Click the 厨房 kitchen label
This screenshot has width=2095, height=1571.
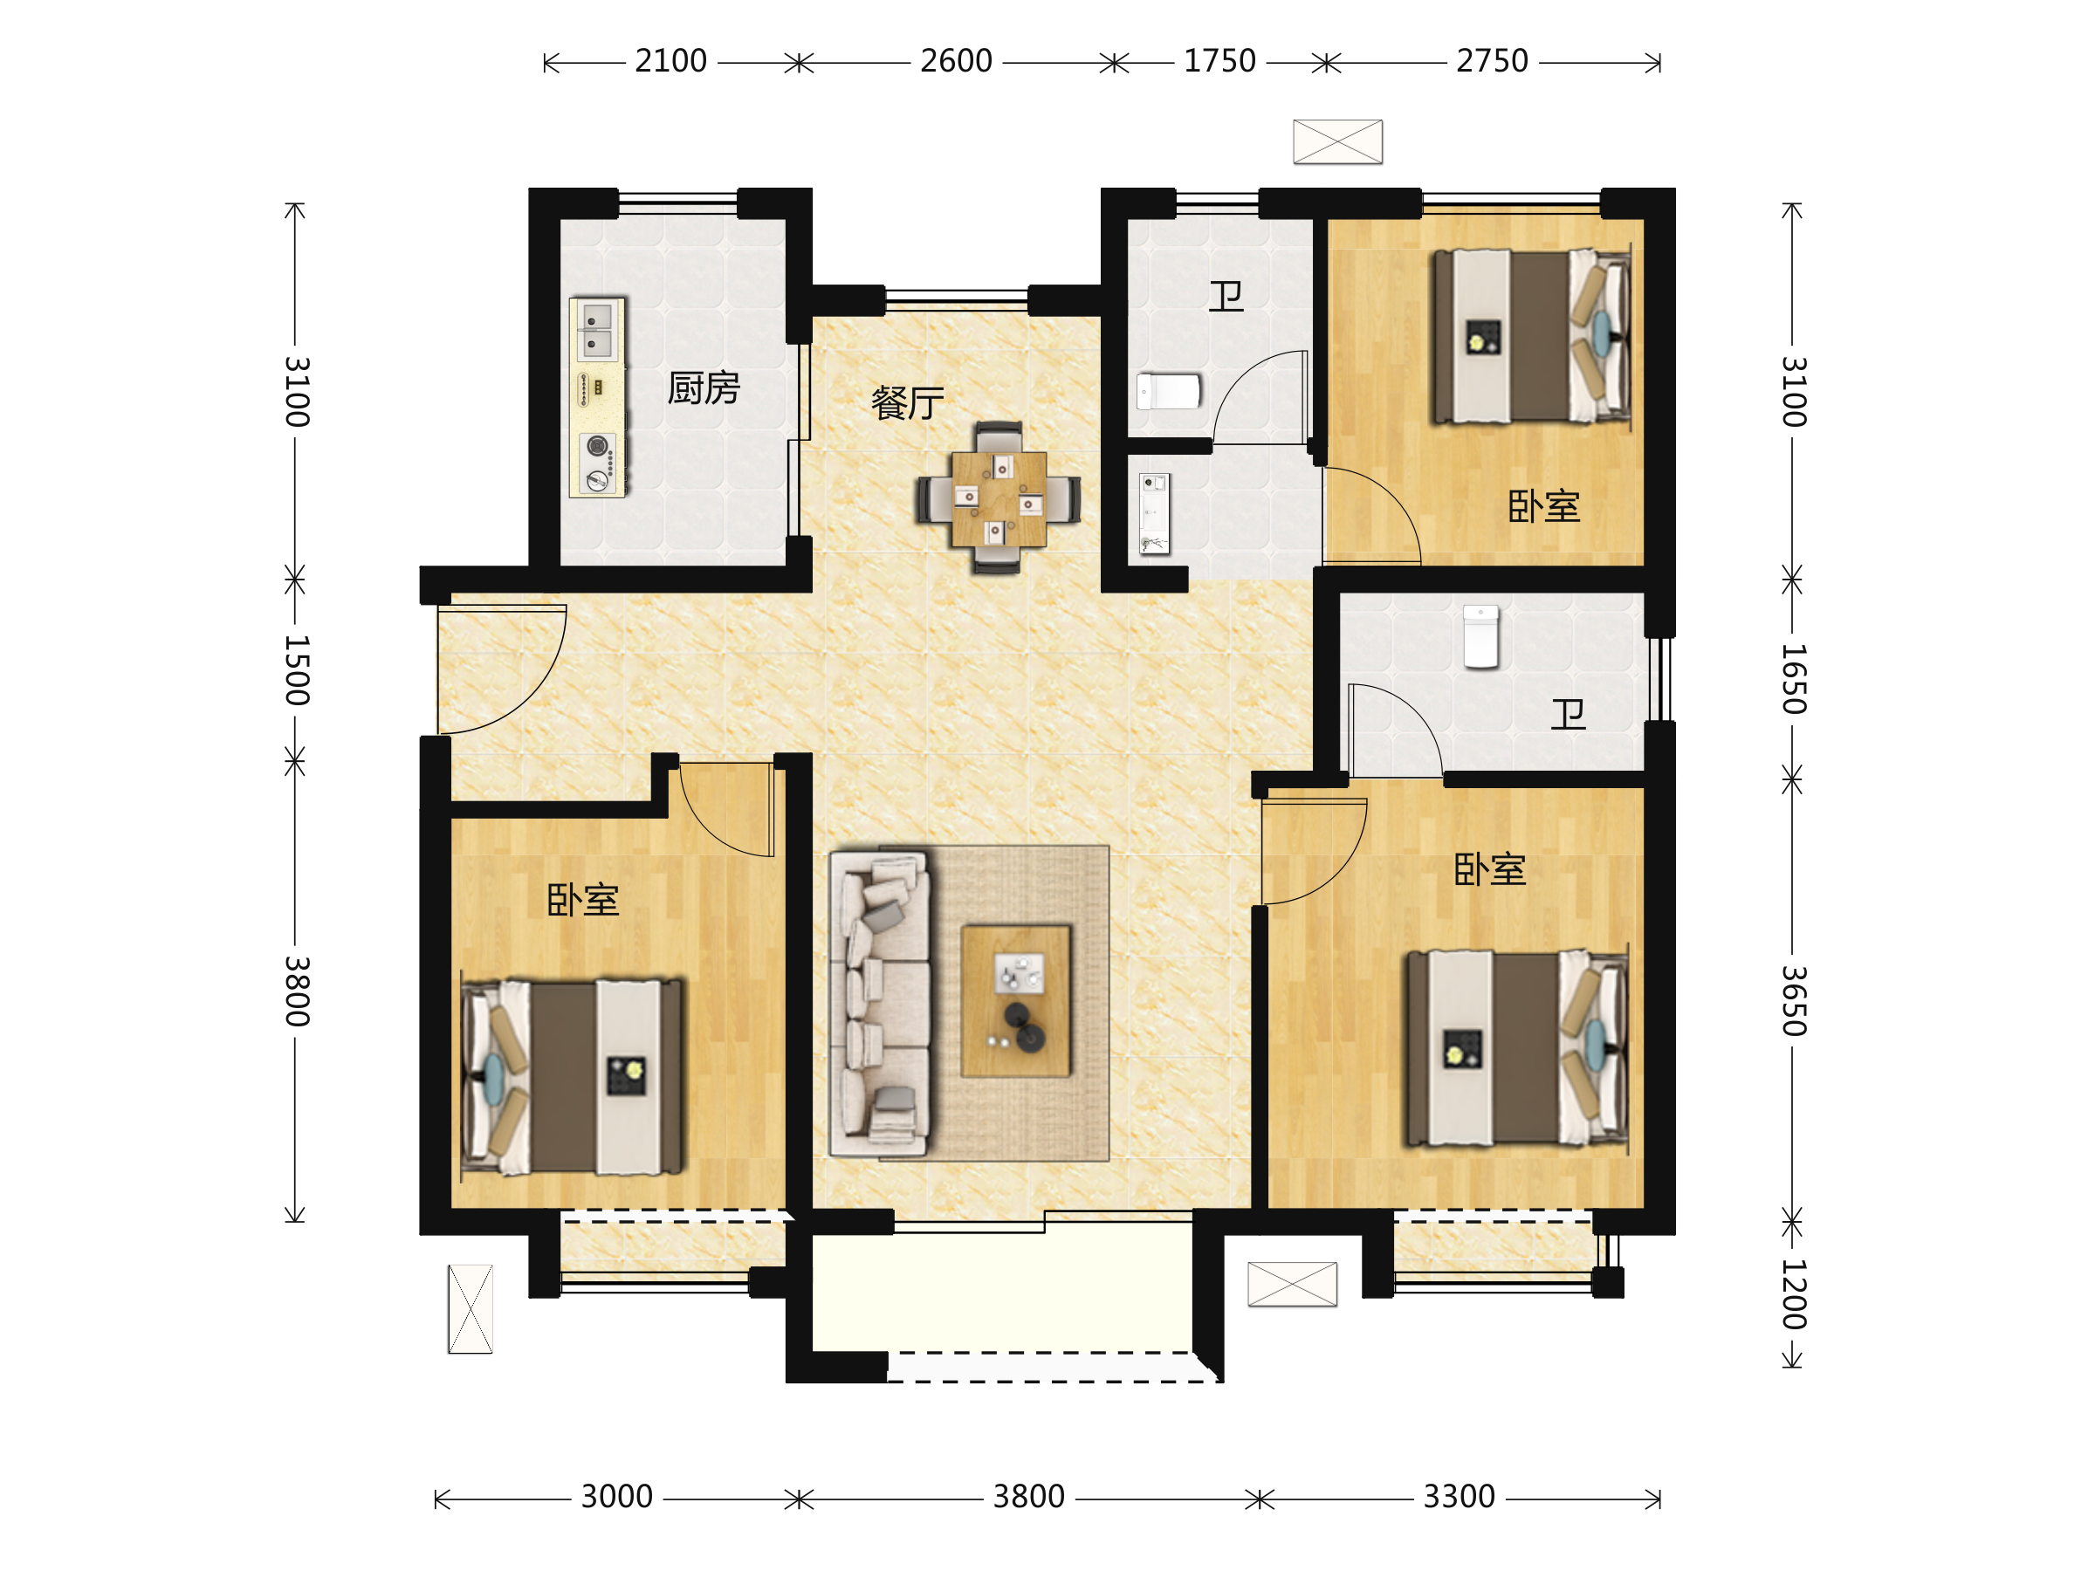point(703,388)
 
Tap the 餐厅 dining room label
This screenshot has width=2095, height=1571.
point(907,403)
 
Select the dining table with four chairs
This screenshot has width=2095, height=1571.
point(999,498)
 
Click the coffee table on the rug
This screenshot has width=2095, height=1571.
point(1016,1001)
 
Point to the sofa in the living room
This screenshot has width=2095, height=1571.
point(880,1003)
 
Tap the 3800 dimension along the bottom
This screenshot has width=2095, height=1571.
point(1028,1497)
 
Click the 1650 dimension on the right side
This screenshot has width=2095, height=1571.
point(1794,678)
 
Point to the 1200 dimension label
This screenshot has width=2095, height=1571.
point(1794,1294)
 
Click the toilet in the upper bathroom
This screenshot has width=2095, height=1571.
point(1169,391)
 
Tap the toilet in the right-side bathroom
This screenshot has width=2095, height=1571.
point(1481,637)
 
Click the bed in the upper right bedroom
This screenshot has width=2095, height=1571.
point(1531,336)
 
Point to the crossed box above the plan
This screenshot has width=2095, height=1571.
point(1337,142)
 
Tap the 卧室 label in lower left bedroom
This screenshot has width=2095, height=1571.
point(582,900)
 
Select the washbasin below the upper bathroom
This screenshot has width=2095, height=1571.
point(1155,513)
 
